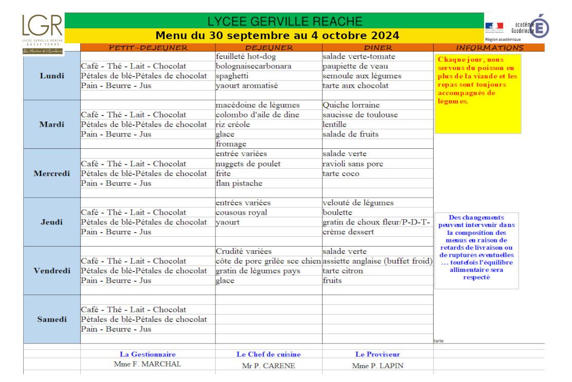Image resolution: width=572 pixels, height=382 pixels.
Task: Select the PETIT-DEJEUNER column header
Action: pos(148,47)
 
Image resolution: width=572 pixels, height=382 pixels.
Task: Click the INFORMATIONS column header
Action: pos(489,47)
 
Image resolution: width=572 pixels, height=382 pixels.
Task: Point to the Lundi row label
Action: pos(52,76)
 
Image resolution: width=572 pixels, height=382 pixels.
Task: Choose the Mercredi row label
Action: pos(52,173)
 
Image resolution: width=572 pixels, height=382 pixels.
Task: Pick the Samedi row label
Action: pos(52,319)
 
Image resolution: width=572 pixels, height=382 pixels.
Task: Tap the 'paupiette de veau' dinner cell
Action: pos(355,66)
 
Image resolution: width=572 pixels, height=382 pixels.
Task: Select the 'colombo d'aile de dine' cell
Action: pos(257,115)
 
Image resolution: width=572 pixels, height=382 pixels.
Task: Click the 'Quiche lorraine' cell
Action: pos(351,105)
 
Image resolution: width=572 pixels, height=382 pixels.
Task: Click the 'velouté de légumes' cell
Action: pos(358,202)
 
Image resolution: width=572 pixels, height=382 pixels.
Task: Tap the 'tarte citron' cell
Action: pos(341,271)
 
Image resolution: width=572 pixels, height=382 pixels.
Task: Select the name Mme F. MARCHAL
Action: pos(147,363)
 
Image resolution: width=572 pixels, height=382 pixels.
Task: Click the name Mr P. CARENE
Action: pos(269,366)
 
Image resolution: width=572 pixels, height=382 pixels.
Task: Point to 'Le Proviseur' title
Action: pos(378,354)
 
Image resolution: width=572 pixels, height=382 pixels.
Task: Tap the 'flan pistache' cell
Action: pos(239,183)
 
